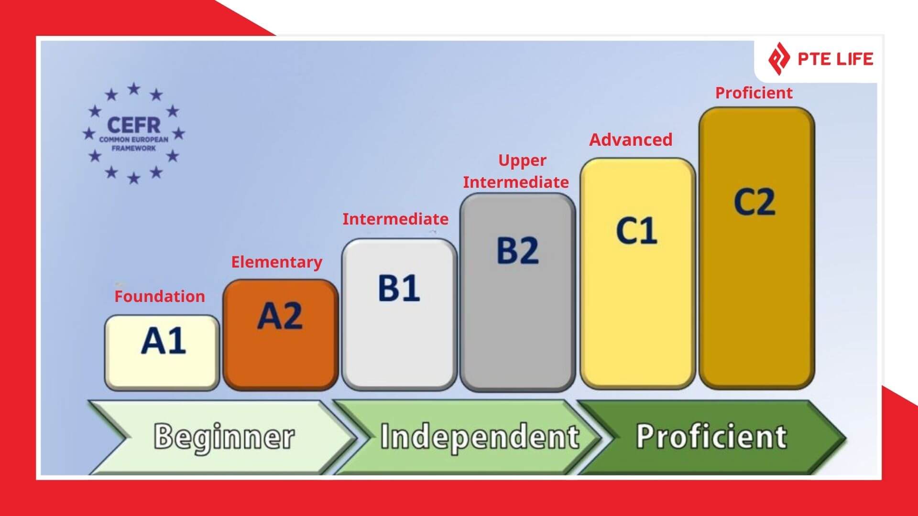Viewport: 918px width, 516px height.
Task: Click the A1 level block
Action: click(x=162, y=353)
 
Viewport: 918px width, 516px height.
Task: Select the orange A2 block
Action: click(x=281, y=334)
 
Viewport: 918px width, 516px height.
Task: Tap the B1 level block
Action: click(x=399, y=314)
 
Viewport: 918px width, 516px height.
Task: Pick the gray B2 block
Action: click(x=518, y=292)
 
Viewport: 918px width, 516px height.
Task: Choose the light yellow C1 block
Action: click(x=638, y=273)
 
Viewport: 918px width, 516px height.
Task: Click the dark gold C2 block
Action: click(x=757, y=247)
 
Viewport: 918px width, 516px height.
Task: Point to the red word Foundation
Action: click(x=160, y=296)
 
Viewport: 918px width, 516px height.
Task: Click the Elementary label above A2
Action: click(x=277, y=262)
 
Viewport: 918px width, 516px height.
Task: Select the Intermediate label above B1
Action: click(x=395, y=219)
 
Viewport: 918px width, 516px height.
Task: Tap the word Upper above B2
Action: click(x=522, y=161)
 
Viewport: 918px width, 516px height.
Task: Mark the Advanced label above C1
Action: click(x=631, y=140)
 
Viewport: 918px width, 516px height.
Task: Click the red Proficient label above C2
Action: click(x=754, y=93)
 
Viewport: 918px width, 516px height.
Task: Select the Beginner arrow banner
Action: click(x=223, y=437)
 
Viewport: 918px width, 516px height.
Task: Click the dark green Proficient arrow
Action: click(x=711, y=437)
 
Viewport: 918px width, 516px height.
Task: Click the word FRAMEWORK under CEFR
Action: click(x=134, y=148)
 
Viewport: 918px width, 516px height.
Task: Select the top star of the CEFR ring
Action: click(x=134, y=89)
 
